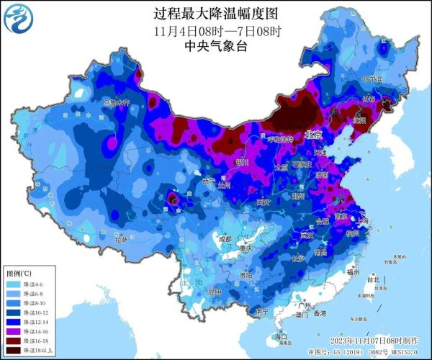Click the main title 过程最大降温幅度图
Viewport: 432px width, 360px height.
pos(216,14)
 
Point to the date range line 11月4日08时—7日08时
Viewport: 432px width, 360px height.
pos(216,31)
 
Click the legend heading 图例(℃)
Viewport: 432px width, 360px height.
pos(19,274)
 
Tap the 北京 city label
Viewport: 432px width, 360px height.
pos(313,134)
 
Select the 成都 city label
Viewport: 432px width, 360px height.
pos(225,238)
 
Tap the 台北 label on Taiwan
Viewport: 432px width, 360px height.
pos(372,279)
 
